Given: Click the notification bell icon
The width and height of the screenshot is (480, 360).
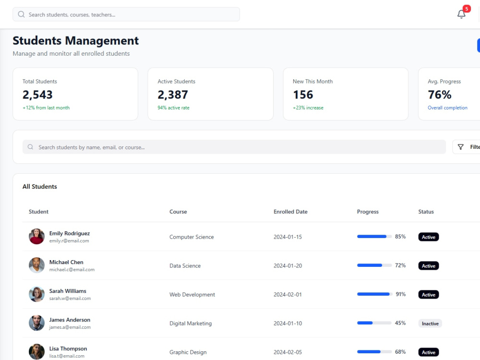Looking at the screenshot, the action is [x=461, y=14].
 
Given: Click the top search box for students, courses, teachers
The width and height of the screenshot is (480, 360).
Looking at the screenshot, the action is [x=126, y=14].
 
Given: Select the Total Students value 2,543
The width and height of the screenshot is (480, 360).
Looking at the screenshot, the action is [x=37, y=95].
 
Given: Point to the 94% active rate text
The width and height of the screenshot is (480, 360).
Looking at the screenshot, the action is [x=173, y=108].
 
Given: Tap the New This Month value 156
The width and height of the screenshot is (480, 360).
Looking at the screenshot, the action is [x=303, y=95].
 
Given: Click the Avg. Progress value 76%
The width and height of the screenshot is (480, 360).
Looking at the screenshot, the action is [x=439, y=95].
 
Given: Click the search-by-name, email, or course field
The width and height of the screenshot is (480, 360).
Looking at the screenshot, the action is [x=234, y=147].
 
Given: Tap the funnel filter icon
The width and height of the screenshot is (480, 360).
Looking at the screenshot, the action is [x=460, y=147].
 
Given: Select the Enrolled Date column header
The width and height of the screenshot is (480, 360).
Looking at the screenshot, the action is [x=290, y=212].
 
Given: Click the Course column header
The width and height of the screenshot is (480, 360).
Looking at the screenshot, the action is [x=178, y=212].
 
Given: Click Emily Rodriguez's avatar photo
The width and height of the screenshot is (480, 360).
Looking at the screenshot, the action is [x=36, y=236].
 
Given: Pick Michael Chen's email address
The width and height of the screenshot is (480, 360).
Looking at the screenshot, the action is [x=72, y=270].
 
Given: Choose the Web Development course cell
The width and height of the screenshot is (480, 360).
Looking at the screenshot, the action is [x=192, y=295].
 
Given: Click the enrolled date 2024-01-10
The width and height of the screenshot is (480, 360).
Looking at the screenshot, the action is [x=288, y=323].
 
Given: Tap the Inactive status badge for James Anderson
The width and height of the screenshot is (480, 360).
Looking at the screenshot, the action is [x=430, y=323].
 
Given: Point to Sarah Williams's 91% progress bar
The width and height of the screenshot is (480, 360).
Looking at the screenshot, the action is [x=374, y=294].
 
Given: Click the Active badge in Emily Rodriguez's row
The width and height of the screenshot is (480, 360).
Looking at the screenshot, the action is [x=428, y=237].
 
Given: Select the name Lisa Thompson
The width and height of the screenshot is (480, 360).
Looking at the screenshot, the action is [x=68, y=348].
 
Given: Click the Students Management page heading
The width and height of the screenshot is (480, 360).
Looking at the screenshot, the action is [x=76, y=40].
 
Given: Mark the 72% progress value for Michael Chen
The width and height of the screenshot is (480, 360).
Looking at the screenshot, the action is [x=400, y=265].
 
